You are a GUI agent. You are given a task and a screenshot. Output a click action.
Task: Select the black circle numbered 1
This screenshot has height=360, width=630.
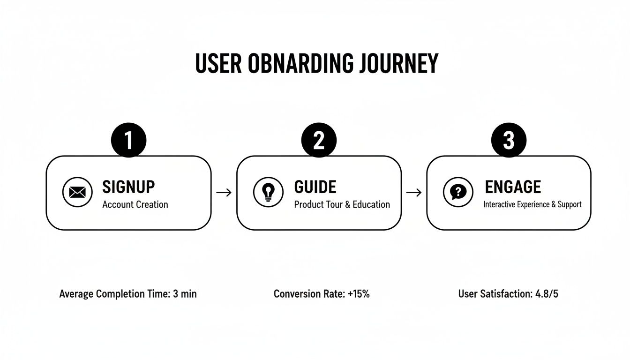[x=128, y=140]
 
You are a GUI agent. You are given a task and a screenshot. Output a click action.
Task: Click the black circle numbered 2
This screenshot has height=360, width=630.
[x=319, y=140]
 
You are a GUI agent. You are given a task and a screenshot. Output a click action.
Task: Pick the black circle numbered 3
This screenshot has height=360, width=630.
[x=509, y=140]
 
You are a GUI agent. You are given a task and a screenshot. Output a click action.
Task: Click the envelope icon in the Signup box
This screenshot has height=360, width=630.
[x=77, y=192]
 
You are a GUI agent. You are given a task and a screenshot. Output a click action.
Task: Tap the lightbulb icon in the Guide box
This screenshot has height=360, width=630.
[x=268, y=192]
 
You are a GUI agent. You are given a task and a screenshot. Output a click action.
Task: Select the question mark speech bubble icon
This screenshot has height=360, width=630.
[x=458, y=192]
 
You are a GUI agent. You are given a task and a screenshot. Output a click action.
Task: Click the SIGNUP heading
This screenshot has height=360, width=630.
[x=128, y=187]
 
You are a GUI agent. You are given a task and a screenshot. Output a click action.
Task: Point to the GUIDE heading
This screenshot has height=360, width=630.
[x=315, y=187]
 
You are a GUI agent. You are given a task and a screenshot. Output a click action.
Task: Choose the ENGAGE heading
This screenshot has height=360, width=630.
[x=512, y=187]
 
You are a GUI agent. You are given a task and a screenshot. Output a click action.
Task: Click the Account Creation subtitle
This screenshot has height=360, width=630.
[x=135, y=204]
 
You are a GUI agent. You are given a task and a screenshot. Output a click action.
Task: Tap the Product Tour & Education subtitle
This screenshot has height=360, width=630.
[x=342, y=204]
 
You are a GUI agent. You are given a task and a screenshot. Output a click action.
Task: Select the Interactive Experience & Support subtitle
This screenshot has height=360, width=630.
[x=532, y=204]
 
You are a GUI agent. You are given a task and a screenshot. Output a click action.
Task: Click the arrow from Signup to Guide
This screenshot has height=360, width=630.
[x=224, y=192]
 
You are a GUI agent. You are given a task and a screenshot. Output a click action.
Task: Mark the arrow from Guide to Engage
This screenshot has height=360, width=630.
[x=413, y=192]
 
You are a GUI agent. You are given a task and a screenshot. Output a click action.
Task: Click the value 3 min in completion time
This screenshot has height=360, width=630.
[x=185, y=294]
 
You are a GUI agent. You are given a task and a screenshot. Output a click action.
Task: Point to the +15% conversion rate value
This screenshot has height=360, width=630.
[x=359, y=294]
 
